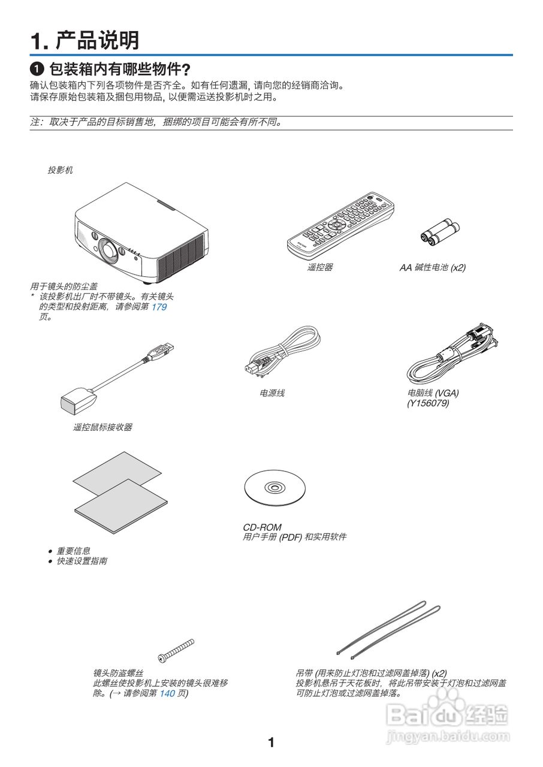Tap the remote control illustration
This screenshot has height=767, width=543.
coord(340,223)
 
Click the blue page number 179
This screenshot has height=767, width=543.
coord(159,307)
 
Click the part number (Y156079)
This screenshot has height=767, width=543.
coord(428,403)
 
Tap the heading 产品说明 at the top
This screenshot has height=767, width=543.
coord(98,41)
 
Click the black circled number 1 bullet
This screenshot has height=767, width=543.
coord(37,68)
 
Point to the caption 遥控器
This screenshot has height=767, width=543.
coord(320,268)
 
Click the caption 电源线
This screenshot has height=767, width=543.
coord(272,393)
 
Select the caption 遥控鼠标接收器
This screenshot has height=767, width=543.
coord(102,427)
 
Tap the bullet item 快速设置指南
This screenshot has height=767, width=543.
coord(82,561)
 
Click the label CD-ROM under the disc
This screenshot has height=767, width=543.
coord(262,527)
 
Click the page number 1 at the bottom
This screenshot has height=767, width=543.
coord(271,743)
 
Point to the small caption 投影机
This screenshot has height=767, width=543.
coord(61,170)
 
